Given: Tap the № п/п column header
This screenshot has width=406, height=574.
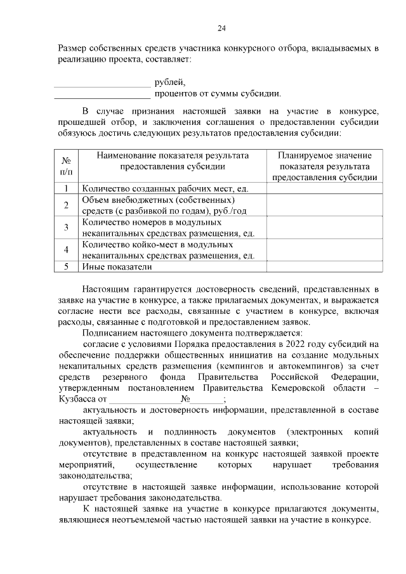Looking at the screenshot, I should (x=66, y=166).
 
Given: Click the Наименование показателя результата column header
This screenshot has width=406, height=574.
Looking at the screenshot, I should (x=172, y=161).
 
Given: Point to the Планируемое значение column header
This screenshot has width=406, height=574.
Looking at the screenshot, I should (x=325, y=166).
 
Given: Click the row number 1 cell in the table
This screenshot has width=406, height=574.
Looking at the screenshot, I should (x=66, y=188).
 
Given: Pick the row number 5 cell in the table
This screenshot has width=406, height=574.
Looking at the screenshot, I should (x=66, y=267).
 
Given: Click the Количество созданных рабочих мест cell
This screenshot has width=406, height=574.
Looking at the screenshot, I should (x=164, y=188).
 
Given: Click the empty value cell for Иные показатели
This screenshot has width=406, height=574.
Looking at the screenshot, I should (x=325, y=267).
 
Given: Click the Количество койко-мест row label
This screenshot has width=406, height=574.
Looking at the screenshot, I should (x=169, y=250).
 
